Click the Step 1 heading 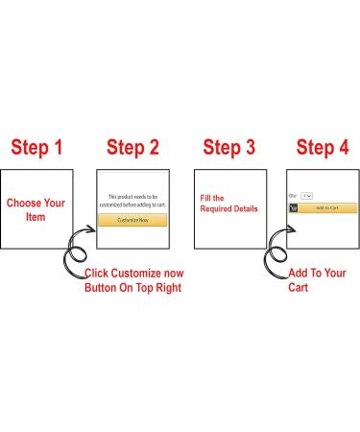[36, 148]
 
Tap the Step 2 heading [132, 148]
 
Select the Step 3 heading [229, 148]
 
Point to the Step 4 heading [323, 148]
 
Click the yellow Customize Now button [132, 220]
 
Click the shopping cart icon [294, 208]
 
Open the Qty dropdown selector [307, 196]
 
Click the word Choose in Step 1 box [24, 203]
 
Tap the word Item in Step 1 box [36, 217]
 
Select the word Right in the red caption [169, 288]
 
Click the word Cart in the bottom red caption [299, 287]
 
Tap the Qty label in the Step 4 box [293, 196]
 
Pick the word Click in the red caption [96, 274]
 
